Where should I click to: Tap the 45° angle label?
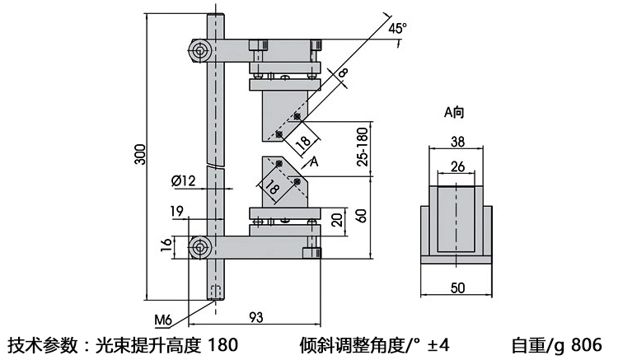398,28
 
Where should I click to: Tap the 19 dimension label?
176,212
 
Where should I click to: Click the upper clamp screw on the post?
199,52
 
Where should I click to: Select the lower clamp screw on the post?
199,246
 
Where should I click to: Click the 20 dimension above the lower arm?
336,221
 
